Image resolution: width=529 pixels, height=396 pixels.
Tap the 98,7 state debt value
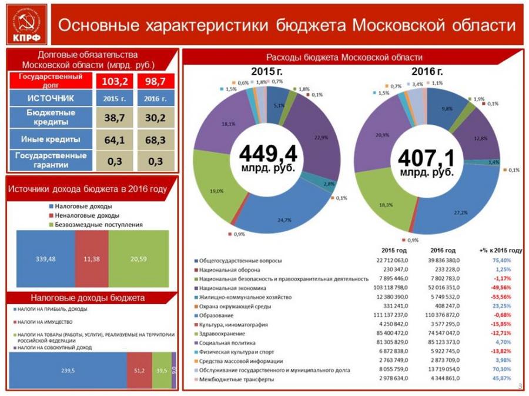(156, 79)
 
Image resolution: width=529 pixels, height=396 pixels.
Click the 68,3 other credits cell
(156, 140)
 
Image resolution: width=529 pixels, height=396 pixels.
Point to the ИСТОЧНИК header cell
(51, 97)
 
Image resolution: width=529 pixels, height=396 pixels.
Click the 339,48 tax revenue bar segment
(45, 258)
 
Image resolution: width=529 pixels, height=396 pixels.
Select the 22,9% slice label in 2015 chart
(320, 138)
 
